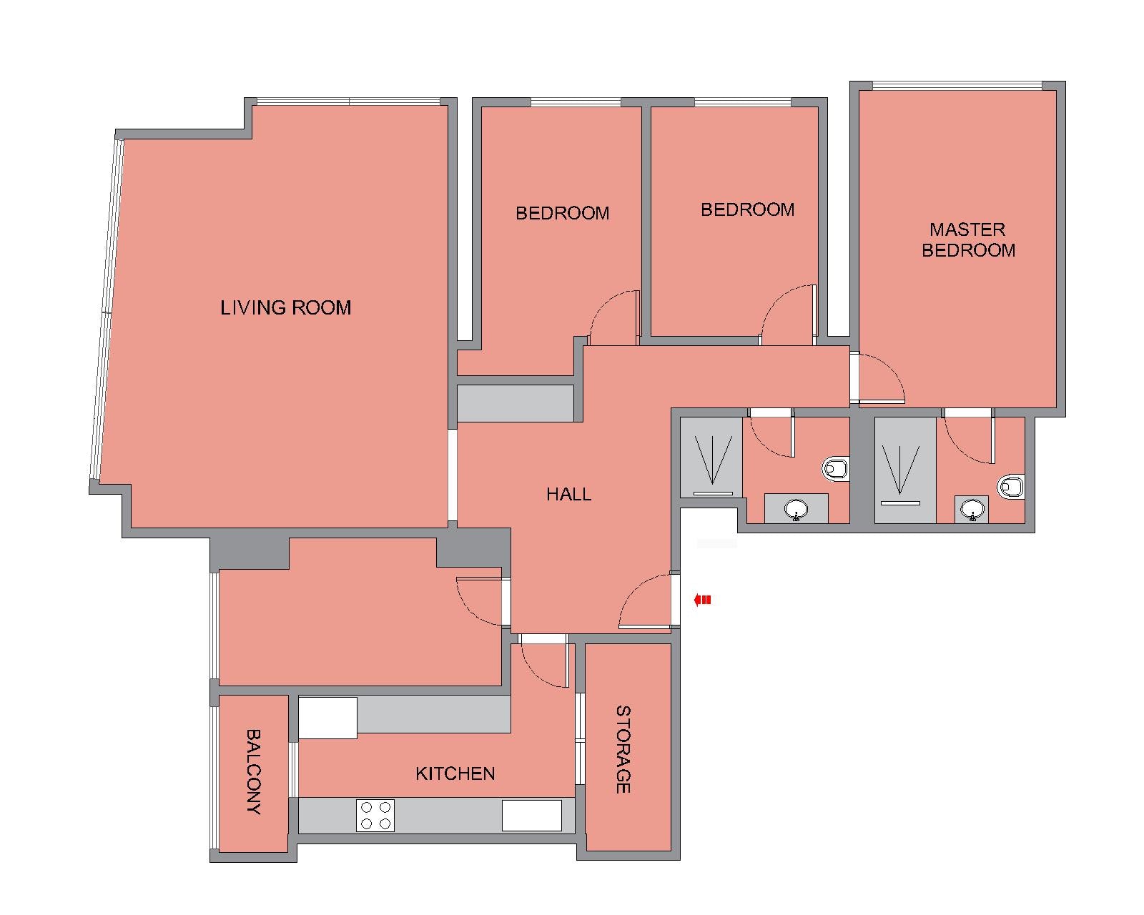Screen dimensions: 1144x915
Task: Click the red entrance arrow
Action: [x=702, y=600]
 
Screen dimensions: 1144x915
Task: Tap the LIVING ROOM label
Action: [x=286, y=308]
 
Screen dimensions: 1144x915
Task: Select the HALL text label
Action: [x=569, y=495]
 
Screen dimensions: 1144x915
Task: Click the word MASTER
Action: [x=967, y=229]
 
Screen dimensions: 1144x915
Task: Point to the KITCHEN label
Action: [x=455, y=773]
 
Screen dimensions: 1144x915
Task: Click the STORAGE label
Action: [x=623, y=750]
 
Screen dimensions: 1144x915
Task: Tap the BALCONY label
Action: [x=254, y=771]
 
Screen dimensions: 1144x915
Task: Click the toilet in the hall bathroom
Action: [x=836, y=469]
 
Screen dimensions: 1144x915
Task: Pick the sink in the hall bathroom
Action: [x=797, y=510]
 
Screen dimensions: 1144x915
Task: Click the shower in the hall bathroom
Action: [x=712, y=457]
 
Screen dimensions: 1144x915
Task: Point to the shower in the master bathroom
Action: [x=905, y=470]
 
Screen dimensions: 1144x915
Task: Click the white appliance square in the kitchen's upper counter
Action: [x=327, y=718]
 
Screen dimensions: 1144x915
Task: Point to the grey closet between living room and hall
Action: [x=516, y=403]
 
